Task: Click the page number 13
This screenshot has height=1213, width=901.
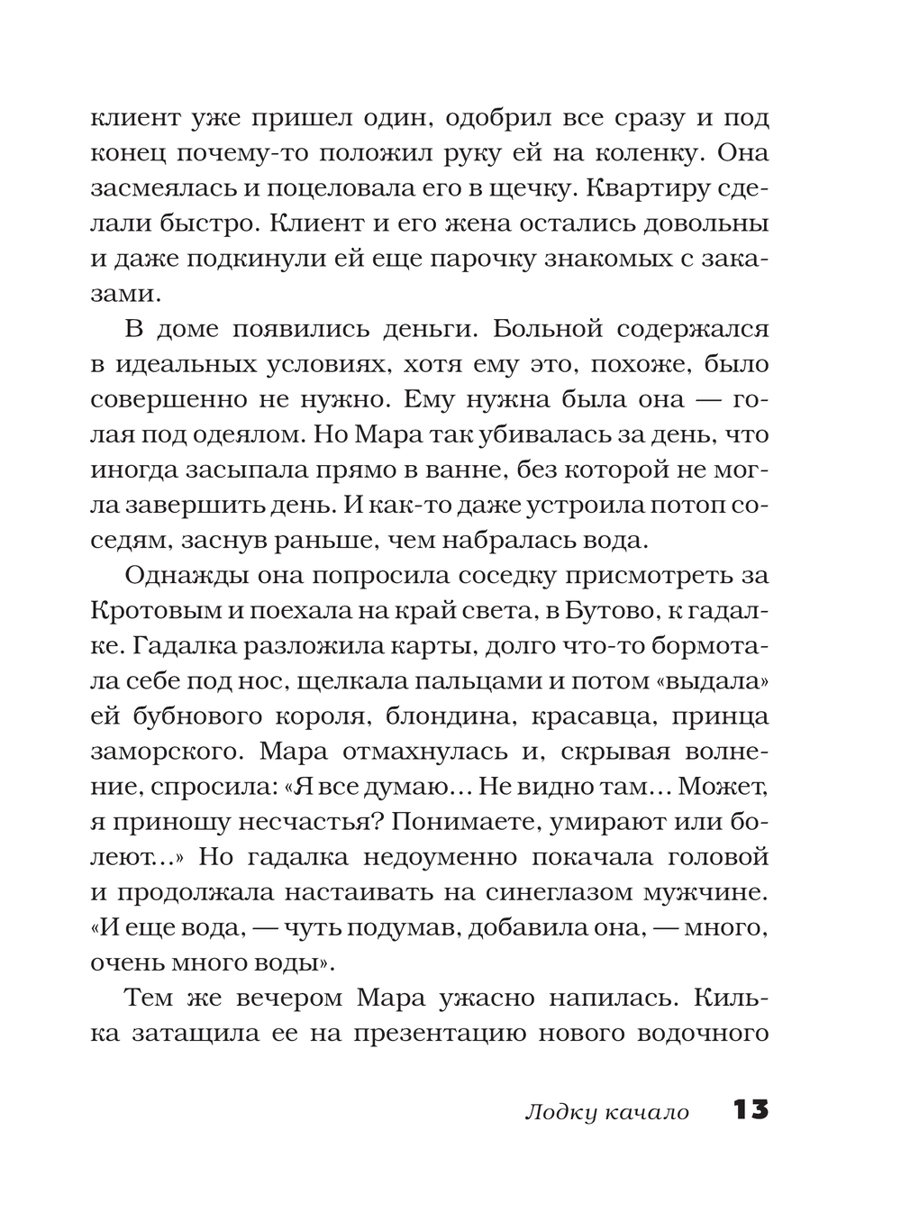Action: click(x=751, y=1109)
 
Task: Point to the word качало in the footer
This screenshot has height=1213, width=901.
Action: click(x=644, y=1112)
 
